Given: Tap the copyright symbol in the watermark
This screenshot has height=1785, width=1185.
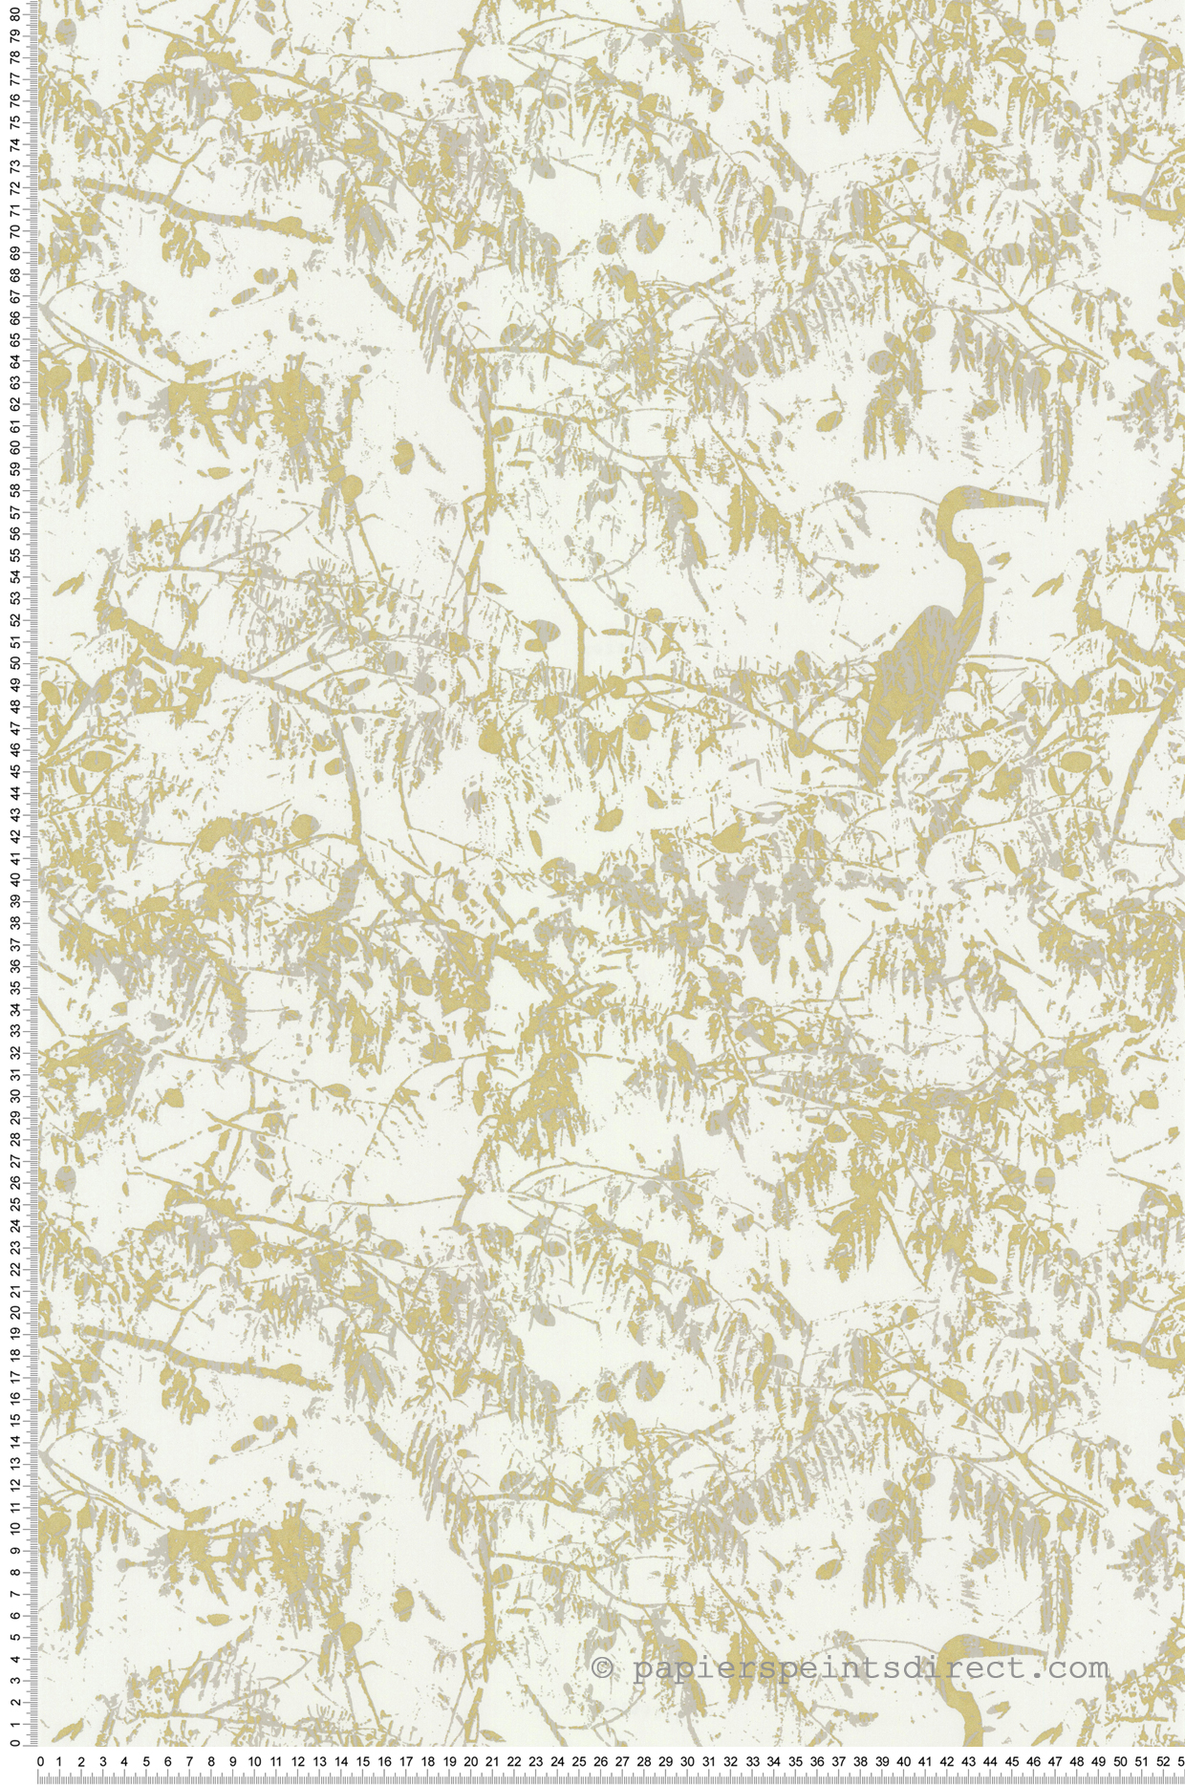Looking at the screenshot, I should pyautogui.click(x=602, y=1670).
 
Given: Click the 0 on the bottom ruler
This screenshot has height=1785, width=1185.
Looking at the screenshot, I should pyautogui.click(x=39, y=1763).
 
